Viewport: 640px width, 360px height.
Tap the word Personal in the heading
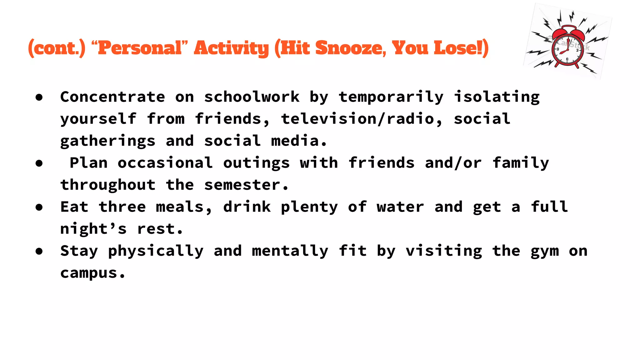[x=140, y=48]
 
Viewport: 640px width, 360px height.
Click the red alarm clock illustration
[x=567, y=47]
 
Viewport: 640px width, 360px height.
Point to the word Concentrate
[x=112, y=97]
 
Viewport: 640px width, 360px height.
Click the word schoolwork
[x=252, y=97]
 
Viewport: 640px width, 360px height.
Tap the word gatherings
[x=108, y=141]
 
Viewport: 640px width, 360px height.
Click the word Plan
[x=88, y=163]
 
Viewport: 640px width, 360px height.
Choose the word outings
[x=256, y=163]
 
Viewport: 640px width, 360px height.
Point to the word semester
[x=242, y=185]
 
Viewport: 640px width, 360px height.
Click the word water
[x=400, y=207]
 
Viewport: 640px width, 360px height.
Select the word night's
[x=93, y=229]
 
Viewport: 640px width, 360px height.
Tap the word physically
[x=156, y=251]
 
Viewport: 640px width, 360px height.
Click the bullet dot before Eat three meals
[x=39, y=207]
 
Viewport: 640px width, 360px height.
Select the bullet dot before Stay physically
[x=39, y=251]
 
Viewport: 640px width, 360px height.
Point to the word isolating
[x=497, y=97]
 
